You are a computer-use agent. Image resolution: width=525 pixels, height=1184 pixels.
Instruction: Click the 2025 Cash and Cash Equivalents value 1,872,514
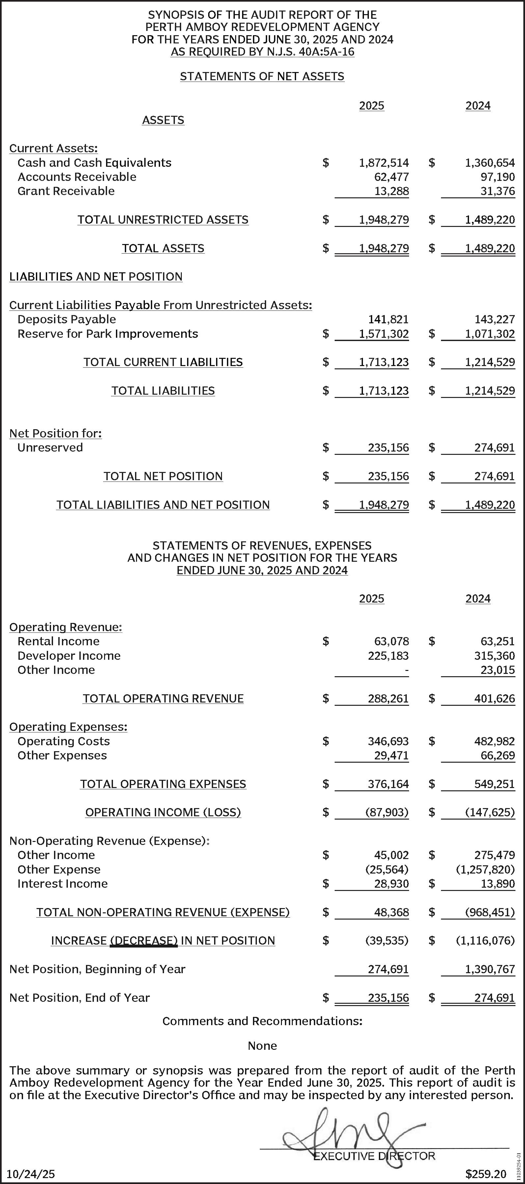[384, 163]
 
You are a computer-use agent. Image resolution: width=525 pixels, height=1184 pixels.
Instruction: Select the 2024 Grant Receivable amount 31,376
[497, 191]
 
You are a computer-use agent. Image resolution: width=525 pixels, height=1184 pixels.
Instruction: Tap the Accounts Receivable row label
[77, 177]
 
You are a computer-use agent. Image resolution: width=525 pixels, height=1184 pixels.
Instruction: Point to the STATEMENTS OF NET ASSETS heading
[262, 76]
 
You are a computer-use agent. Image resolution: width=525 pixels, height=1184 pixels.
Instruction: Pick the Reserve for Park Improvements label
[108, 334]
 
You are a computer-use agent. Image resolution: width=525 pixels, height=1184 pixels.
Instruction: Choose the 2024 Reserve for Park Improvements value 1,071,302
[489, 334]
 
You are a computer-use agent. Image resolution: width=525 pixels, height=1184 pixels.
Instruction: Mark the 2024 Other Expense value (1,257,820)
[485, 870]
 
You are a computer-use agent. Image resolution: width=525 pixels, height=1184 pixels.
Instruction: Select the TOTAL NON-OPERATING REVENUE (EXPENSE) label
[163, 912]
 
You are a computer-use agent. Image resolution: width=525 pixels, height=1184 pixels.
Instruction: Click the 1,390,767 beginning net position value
[489, 969]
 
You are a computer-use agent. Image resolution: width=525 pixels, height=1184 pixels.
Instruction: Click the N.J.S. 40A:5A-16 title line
[262, 52]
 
